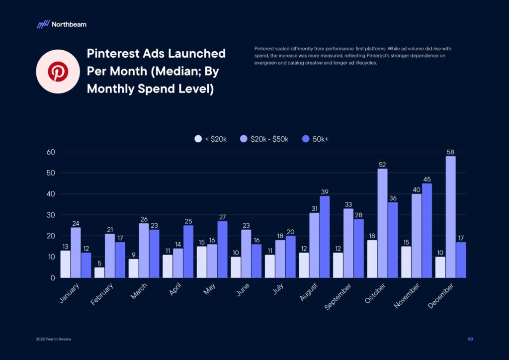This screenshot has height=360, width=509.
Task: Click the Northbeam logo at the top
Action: (61, 24)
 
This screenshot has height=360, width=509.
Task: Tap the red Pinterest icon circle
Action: (56, 72)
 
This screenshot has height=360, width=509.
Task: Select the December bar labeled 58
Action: (451, 217)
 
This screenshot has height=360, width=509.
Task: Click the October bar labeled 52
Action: (382, 223)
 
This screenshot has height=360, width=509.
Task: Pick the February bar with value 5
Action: (99, 272)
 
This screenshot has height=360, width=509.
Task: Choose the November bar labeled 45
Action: (427, 231)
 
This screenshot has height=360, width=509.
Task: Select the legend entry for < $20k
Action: (211, 139)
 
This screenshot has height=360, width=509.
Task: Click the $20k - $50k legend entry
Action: (264, 139)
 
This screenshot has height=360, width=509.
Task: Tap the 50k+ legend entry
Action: (315, 139)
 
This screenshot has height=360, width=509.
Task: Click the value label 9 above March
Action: (134, 254)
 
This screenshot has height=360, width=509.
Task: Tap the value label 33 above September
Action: (348, 204)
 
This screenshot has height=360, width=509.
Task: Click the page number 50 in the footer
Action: (470, 339)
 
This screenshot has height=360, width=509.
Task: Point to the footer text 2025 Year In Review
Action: (53, 339)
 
